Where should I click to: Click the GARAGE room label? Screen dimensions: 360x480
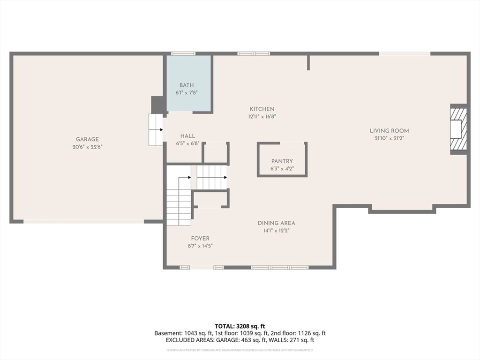[x=88, y=139]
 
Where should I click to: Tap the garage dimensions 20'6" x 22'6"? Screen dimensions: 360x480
[x=88, y=147]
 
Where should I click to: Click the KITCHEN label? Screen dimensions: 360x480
[x=262, y=109]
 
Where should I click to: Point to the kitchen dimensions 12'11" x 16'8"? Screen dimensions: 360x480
[x=262, y=117]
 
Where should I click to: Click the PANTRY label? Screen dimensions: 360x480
[x=282, y=161]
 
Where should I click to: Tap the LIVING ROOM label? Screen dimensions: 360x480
[x=389, y=131]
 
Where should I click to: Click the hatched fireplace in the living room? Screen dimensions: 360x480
[x=457, y=128]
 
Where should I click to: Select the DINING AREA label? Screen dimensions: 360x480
[x=276, y=223]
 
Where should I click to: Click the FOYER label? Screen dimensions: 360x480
[x=200, y=239]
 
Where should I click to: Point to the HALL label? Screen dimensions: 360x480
[x=187, y=136]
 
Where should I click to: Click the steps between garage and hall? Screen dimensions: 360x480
[x=156, y=129]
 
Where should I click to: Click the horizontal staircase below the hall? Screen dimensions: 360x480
[x=211, y=177]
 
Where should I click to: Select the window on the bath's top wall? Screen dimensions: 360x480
[x=183, y=53]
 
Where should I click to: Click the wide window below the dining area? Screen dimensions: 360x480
[x=280, y=267]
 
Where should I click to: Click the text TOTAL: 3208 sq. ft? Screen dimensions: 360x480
[x=240, y=326]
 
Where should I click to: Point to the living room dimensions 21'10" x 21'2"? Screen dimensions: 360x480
[x=389, y=138]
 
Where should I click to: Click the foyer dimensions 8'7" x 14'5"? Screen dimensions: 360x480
[x=200, y=246]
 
